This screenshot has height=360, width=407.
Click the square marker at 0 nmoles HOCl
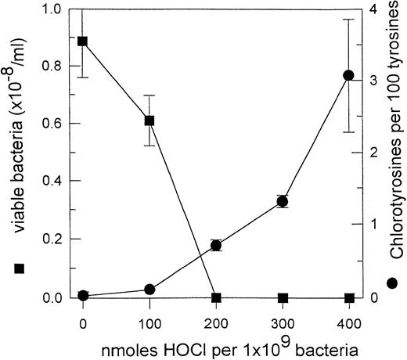[x=83, y=41]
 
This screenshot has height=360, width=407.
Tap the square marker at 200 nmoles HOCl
[x=217, y=297]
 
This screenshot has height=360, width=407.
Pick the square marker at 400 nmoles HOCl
[x=350, y=297]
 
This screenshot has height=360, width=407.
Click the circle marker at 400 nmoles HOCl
[x=350, y=75]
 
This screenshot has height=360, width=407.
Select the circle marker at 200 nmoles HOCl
[x=217, y=246]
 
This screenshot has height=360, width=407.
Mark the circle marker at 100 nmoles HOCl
[x=149, y=290]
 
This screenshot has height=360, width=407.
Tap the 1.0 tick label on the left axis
[x=56, y=9]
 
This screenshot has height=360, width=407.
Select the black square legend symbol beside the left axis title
[x=20, y=268]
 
